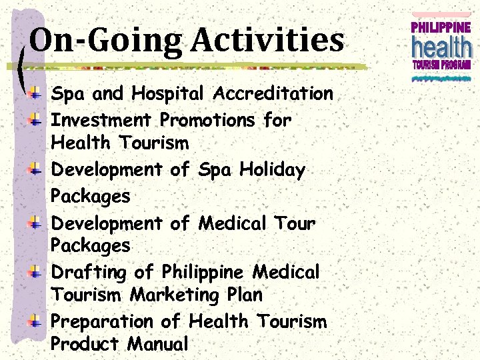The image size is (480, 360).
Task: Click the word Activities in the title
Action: coord(267,40)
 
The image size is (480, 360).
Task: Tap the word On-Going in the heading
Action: coord(105,41)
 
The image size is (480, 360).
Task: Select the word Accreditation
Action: coord(273,93)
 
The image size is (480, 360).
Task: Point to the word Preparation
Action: coord(103,322)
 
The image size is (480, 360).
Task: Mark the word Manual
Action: coord(157,344)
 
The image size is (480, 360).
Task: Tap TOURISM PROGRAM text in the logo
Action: coord(441,65)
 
